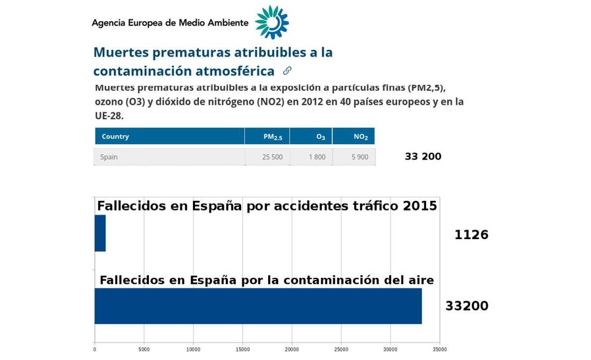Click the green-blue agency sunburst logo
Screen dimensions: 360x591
[272, 22]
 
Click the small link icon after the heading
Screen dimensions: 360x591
[287, 70]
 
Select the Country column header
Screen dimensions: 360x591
[116, 136]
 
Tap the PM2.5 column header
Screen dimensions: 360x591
[272, 137]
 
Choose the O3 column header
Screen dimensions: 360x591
[320, 137]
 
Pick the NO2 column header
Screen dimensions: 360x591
[361, 137]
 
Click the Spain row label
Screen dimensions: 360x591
[109, 157]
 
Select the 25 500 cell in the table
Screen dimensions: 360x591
[272, 157]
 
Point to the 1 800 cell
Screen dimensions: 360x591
[317, 157]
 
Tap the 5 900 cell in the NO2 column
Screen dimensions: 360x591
[360, 157]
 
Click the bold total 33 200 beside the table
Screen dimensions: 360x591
[423, 156]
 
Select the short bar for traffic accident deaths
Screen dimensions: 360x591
[100, 233]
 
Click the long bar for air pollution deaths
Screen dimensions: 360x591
[258, 306]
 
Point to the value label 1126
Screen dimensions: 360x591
[471, 235]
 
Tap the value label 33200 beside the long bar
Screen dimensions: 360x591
[466, 306]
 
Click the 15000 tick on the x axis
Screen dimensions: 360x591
[242, 350]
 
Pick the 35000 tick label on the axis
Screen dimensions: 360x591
[439, 350]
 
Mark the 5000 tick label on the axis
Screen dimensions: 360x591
[144, 350]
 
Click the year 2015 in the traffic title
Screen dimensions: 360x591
[420, 206]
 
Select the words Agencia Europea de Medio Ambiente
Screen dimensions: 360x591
[170, 23]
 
